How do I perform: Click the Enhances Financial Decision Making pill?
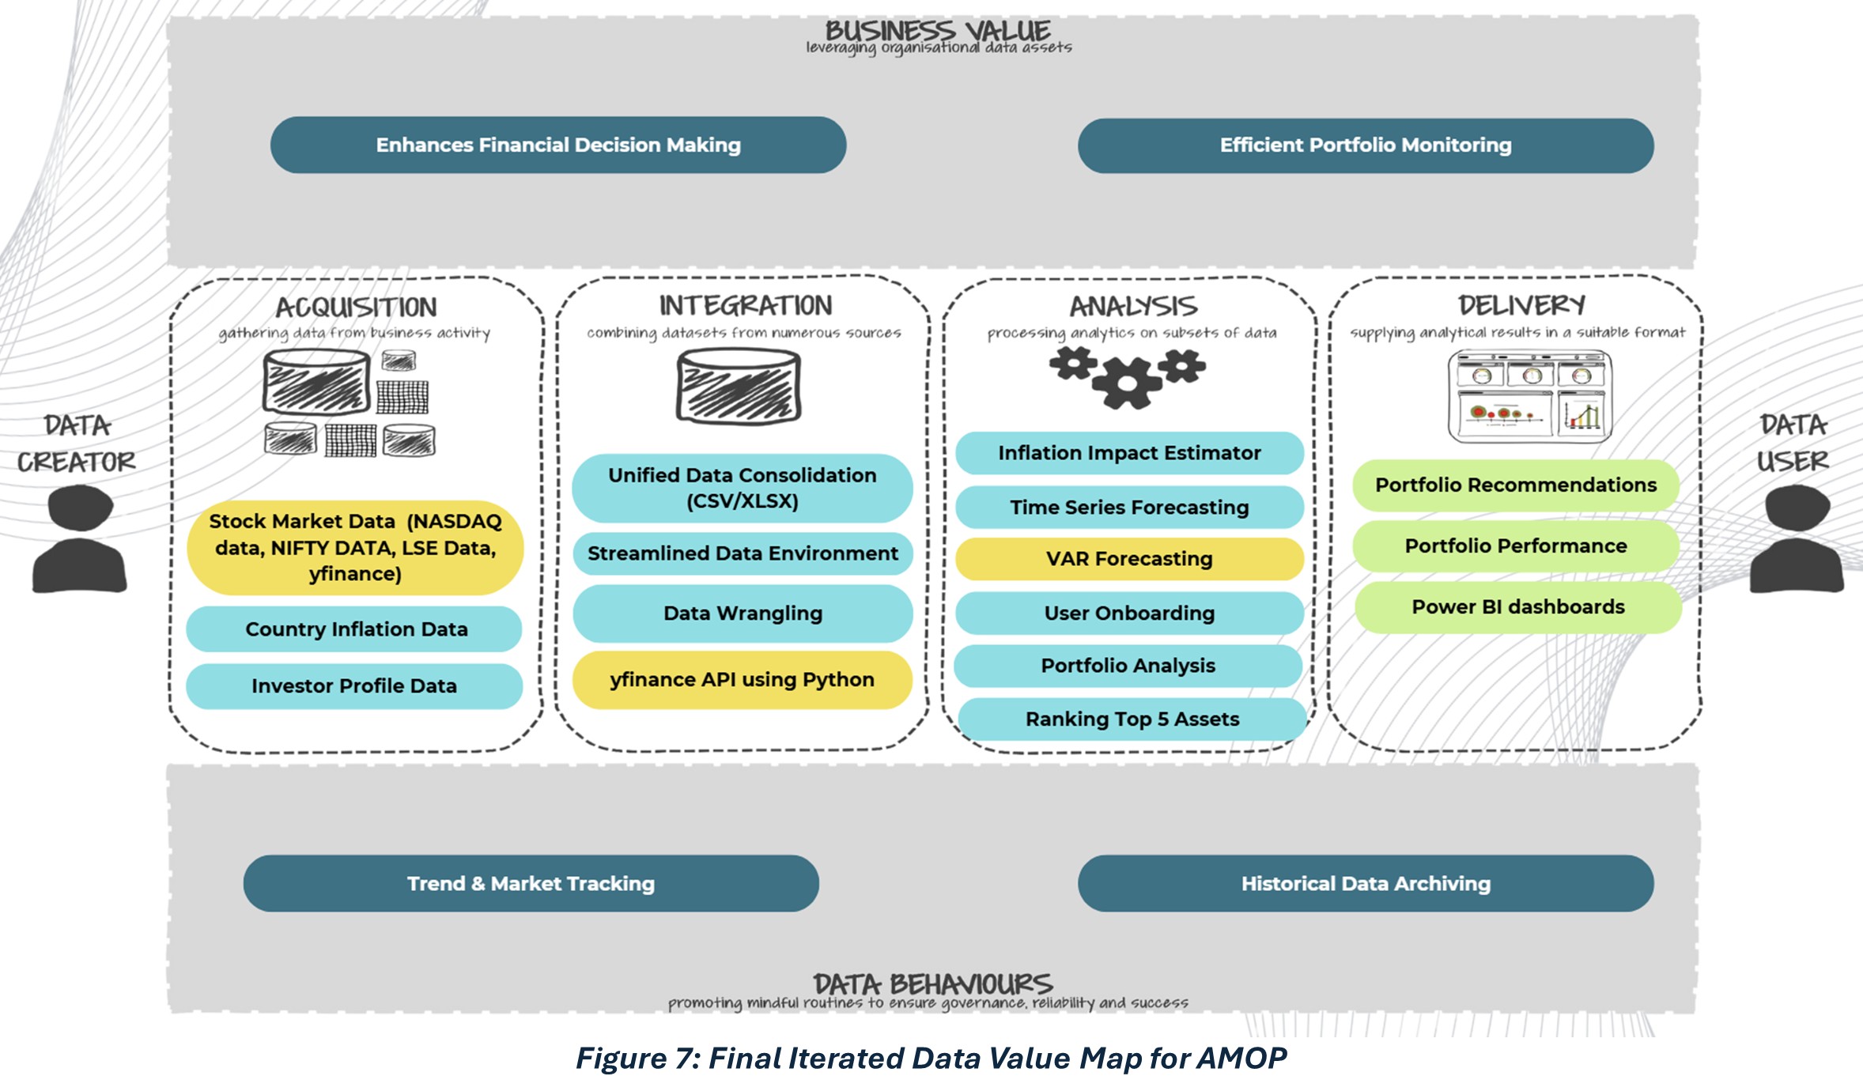558,145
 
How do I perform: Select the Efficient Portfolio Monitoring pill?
1366,145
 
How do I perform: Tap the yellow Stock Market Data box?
355,547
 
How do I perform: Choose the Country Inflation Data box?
355,629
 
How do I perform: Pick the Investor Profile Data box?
354,686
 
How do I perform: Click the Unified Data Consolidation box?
742,488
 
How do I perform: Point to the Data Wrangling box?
743,614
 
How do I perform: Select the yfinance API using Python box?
742,680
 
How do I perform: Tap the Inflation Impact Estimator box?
1129,453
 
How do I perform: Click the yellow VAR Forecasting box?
1129,559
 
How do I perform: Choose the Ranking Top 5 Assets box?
1132,719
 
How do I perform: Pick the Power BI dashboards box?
1518,607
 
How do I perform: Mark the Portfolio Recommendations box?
1516,485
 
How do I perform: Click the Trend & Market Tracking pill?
531,884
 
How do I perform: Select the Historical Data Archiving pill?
1366,884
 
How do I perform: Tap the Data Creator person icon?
80,539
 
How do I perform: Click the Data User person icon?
1797,539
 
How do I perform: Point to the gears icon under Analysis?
1128,377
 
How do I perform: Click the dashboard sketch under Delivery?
1529,397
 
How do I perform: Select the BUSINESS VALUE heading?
938,32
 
